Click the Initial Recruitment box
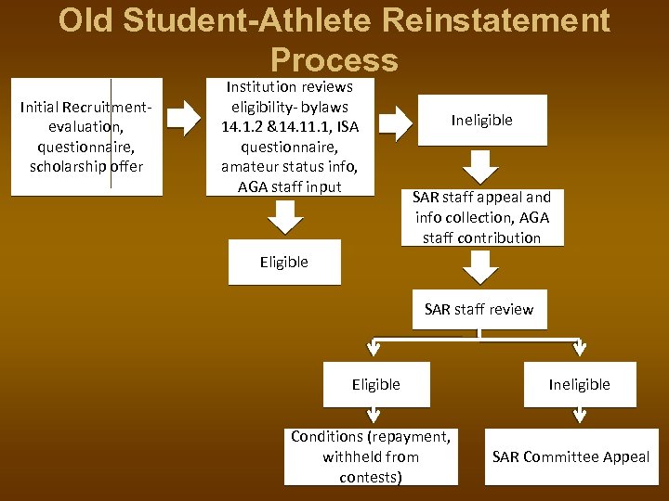[86, 136]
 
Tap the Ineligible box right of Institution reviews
[481, 120]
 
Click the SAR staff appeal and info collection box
[482, 217]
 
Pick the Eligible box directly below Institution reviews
[284, 263]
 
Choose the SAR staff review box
[479, 309]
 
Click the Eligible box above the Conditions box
[376, 384]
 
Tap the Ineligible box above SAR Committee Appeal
[579, 384]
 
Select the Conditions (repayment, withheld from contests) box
[371, 456]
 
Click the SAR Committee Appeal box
[571, 456]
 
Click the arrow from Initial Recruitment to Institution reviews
[185, 119]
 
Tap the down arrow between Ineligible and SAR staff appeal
[481, 165]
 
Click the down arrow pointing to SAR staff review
[479, 269]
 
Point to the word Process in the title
[334, 60]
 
